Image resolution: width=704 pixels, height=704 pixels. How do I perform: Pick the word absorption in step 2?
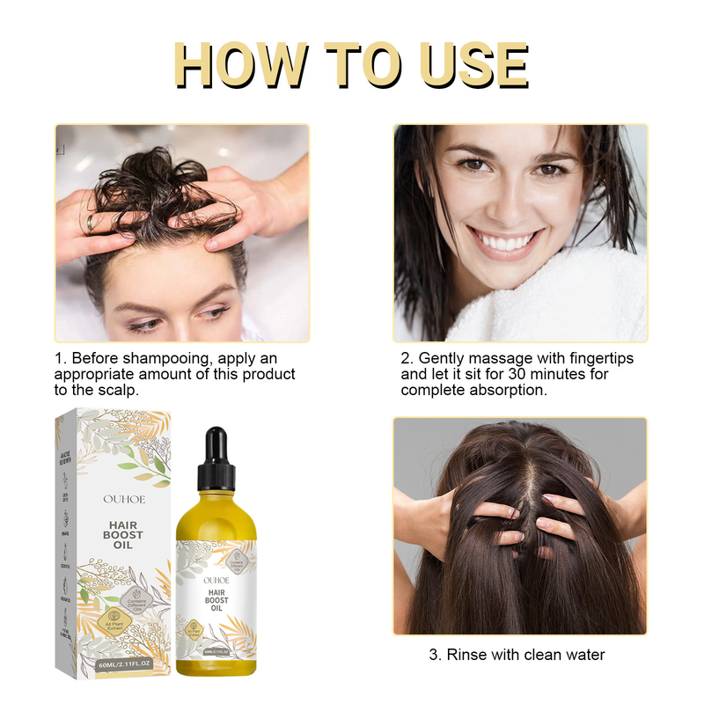(509, 389)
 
